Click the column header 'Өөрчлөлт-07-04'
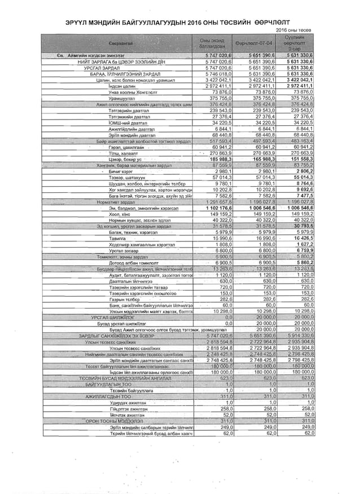(254, 43)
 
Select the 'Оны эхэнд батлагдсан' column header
(212, 43)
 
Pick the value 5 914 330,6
(299, 336)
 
